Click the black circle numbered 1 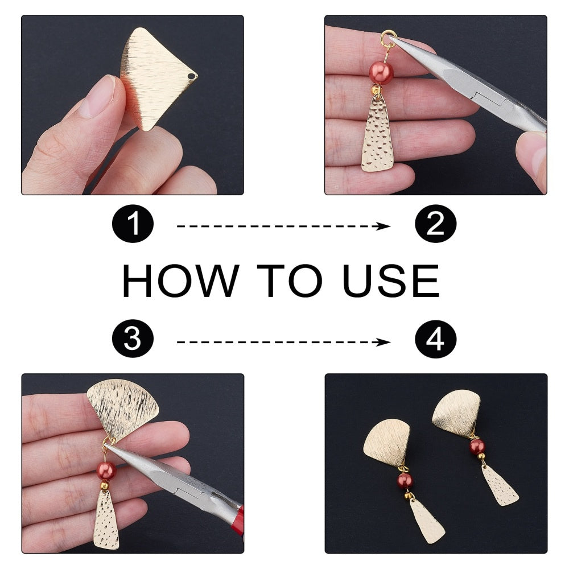click(x=133, y=224)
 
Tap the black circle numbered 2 click(x=435, y=224)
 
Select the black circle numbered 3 click(x=133, y=339)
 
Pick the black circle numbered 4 click(x=435, y=339)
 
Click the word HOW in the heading click(x=181, y=281)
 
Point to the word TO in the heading click(x=290, y=281)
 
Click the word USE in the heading click(x=391, y=281)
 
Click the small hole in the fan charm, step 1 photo click(x=191, y=76)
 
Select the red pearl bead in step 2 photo click(x=379, y=73)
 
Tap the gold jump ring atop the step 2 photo click(x=388, y=38)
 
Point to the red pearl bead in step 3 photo click(x=106, y=471)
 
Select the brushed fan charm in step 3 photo click(x=123, y=409)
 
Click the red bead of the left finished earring click(x=405, y=481)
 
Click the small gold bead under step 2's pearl click(x=376, y=89)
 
